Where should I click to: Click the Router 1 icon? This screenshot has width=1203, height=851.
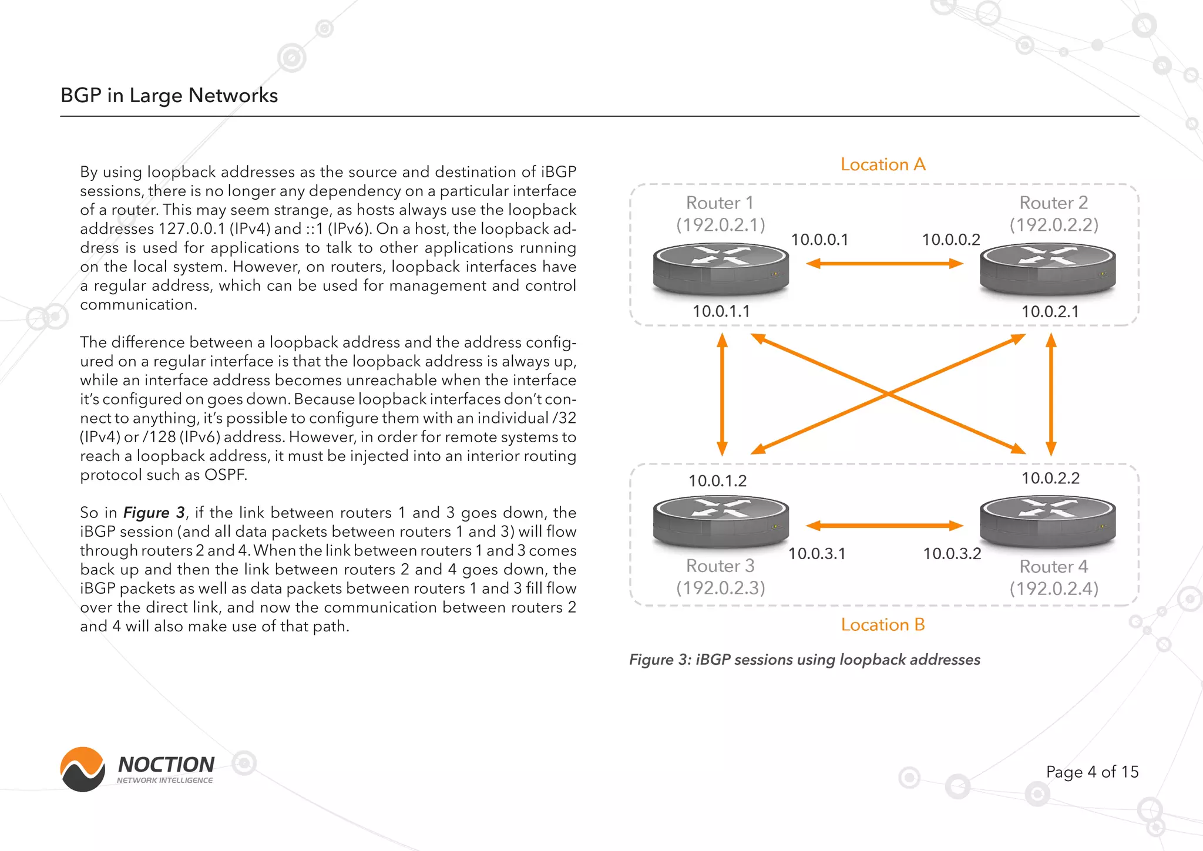(x=721, y=269)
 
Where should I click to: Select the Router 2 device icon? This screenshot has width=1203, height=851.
(x=1048, y=269)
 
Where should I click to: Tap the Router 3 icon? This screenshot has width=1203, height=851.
(x=721, y=520)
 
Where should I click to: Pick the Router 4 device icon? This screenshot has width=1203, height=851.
(x=1048, y=520)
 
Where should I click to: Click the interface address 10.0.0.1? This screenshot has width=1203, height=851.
(x=819, y=240)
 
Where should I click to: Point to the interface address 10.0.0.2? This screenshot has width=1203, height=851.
(x=951, y=240)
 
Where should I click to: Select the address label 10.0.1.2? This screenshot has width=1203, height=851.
(x=717, y=481)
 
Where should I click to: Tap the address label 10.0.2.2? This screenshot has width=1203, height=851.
(x=1050, y=478)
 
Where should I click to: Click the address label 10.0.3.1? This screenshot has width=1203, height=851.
(x=816, y=554)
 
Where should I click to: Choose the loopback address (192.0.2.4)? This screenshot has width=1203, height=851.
(x=1054, y=588)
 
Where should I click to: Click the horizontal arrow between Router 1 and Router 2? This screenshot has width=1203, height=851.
(x=884, y=264)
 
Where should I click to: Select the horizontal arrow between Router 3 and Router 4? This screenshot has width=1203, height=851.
(x=884, y=526)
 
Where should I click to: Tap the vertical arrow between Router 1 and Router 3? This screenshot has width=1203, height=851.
(x=723, y=395)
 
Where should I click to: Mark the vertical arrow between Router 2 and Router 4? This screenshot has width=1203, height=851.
(x=1051, y=395)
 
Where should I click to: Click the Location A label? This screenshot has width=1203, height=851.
(x=883, y=164)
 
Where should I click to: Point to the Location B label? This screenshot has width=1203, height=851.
(x=883, y=625)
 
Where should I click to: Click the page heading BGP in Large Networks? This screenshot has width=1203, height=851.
(x=169, y=95)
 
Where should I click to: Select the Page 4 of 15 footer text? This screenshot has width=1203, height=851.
(x=1092, y=772)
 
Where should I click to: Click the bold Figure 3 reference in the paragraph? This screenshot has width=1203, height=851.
(x=154, y=513)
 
